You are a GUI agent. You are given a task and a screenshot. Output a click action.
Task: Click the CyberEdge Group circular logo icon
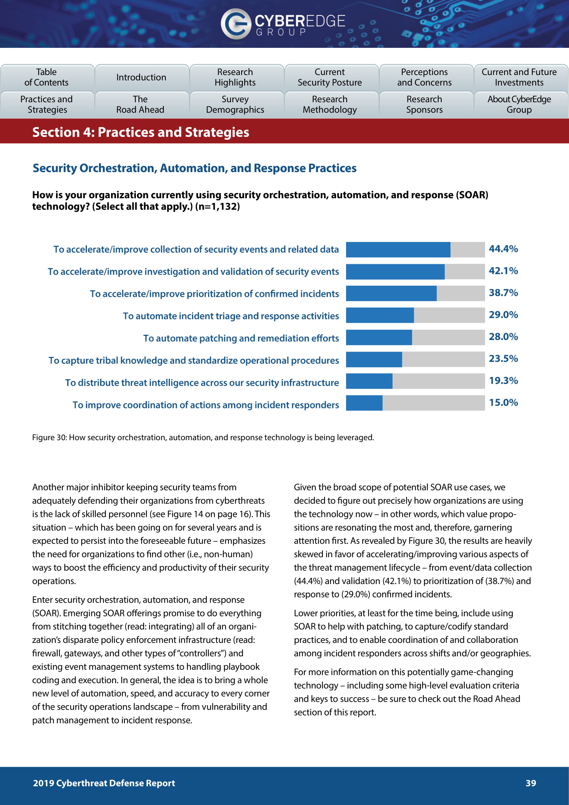tap(235, 24)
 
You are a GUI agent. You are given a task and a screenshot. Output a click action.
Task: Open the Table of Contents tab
tap(47, 77)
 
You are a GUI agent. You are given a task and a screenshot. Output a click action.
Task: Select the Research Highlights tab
tap(235, 77)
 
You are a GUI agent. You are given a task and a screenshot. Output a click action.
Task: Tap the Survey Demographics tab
tap(235, 105)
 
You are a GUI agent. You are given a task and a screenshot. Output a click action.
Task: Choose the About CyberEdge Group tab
tap(519, 105)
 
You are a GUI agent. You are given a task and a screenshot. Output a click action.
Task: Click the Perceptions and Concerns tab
tap(424, 77)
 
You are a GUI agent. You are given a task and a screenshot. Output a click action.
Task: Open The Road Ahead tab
tap(140, 105)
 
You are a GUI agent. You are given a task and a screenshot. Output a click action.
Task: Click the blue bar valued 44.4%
tap(398, 250)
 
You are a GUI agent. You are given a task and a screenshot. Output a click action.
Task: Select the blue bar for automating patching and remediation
tap(379, 337)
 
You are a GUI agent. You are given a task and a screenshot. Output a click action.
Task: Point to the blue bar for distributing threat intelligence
tap(369, 381)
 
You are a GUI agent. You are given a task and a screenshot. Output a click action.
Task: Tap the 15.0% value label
tap(503, 403)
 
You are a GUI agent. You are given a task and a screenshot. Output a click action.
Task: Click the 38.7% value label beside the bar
tap(503, 293)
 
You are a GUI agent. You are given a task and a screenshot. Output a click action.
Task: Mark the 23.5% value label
tap(503, 359)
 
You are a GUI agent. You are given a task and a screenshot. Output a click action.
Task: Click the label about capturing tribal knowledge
tap(194, 360)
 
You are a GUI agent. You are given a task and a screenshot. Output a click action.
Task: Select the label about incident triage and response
tap(231, 316)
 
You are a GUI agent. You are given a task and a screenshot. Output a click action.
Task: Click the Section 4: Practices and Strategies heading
tap(140, 133)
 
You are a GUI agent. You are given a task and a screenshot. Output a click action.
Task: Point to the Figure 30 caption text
tap(203, 437)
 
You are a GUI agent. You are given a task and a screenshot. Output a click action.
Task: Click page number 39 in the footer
tap(530, 783)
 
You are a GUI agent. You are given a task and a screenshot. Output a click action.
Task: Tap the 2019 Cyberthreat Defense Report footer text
tap(104, 783)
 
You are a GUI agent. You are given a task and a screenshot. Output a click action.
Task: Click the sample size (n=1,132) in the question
tap(217, 206)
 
